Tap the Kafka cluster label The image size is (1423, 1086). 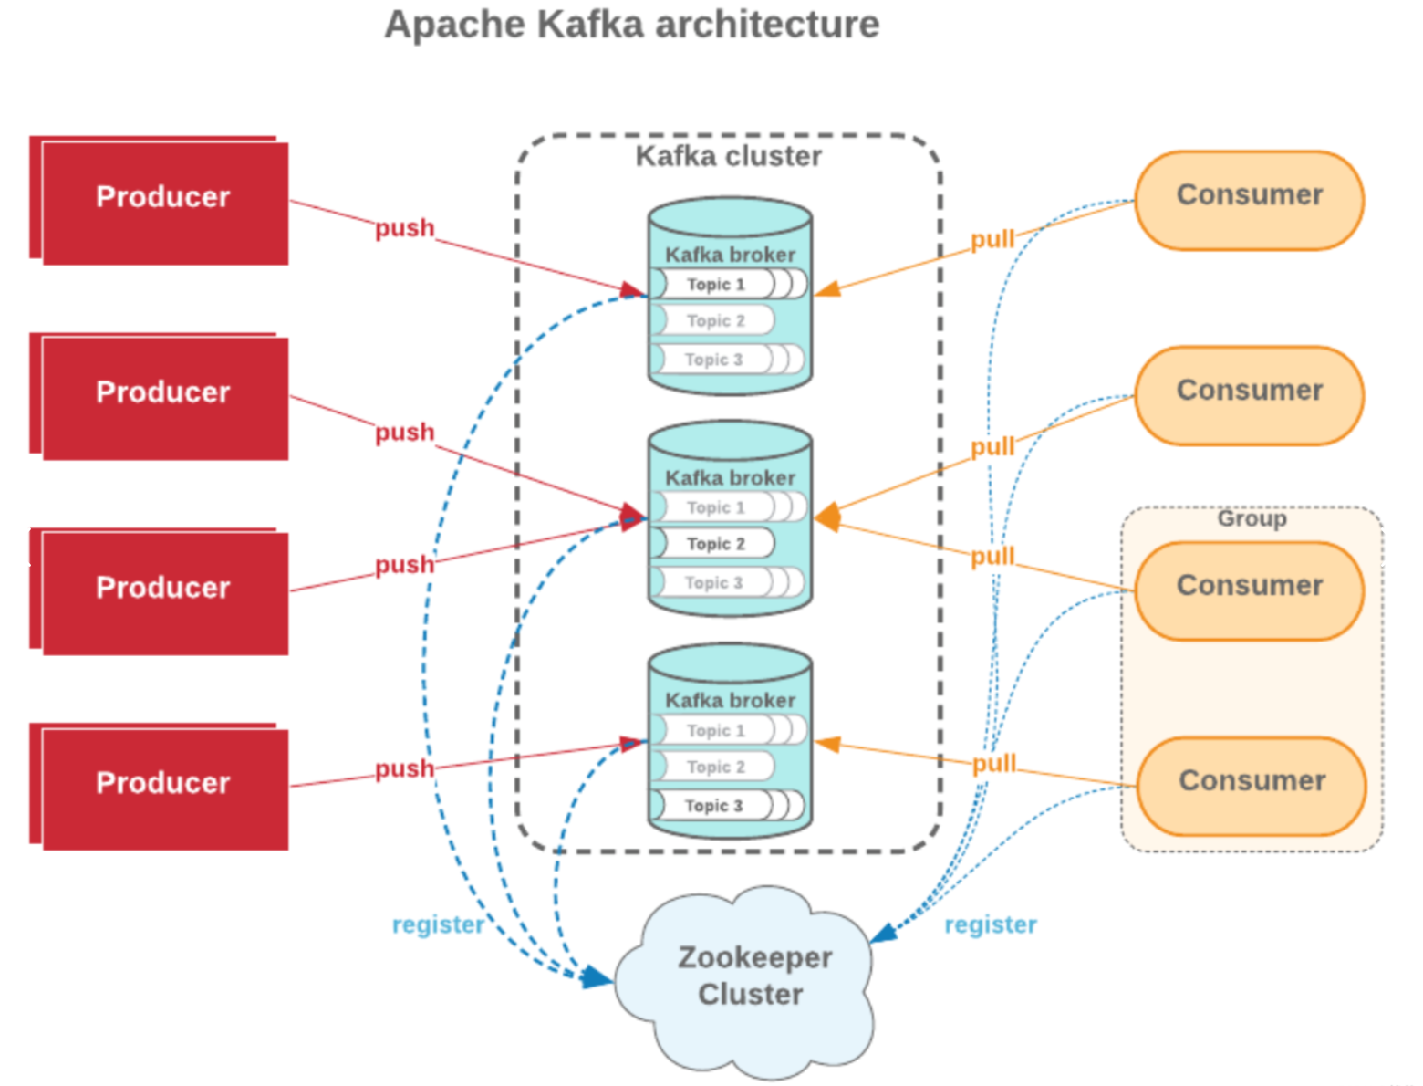[728, 156]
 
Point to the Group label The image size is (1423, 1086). [1252, 518]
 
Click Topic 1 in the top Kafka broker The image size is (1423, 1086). [715, 285]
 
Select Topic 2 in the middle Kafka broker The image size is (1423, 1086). [715, 544]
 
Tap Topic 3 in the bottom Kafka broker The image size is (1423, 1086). [713, 806]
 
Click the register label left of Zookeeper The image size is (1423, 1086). [438, 924]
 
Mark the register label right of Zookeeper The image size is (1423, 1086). [991, 924]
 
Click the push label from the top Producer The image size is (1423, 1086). [404, 228]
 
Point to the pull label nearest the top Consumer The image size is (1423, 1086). [992, 239]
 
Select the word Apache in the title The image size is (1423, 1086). [455, 25]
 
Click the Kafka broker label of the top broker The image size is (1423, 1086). [730, 255]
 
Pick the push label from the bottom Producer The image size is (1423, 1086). [404, 768]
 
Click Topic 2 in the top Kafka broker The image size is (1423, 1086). [715, 321]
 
